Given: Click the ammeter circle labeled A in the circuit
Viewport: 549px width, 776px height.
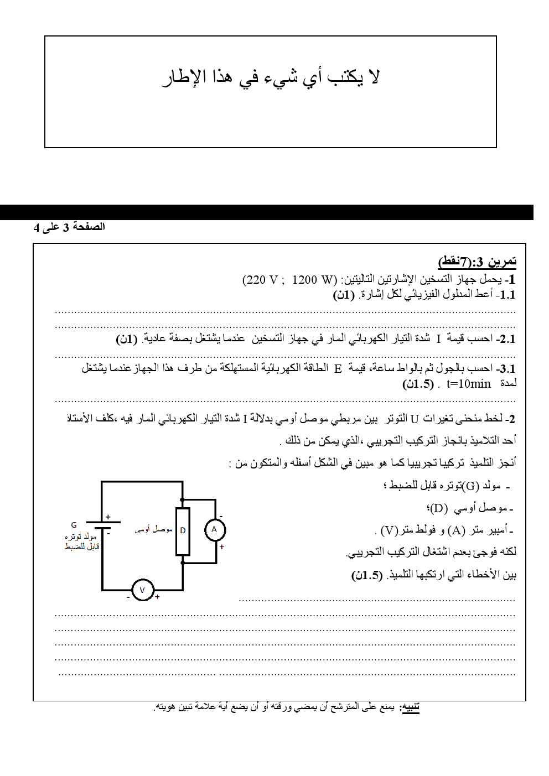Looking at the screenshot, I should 215,530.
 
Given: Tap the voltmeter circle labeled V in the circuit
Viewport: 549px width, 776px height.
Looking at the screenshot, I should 142,590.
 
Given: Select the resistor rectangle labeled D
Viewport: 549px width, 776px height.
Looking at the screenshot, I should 183,531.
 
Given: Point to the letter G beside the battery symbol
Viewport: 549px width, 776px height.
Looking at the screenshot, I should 74,525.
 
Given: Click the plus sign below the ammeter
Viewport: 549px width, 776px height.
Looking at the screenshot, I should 222,547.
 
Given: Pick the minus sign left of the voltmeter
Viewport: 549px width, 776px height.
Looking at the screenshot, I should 128,597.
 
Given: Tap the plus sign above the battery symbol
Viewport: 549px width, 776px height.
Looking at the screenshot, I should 108,517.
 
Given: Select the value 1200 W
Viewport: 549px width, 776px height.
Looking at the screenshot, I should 314,280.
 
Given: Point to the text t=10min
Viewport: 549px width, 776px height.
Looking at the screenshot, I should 468,384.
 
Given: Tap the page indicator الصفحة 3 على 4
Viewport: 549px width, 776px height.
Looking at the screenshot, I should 69,227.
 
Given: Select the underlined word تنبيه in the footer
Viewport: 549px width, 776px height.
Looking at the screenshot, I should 410,707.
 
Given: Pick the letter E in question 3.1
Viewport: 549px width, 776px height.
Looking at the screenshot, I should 338,369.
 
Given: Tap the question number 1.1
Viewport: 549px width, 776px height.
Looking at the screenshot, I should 506,295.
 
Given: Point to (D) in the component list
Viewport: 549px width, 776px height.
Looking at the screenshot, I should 437,508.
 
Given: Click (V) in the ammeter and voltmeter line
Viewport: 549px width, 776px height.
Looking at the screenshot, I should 390,530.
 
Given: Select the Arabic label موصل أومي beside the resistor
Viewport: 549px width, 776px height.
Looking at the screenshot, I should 153,529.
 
